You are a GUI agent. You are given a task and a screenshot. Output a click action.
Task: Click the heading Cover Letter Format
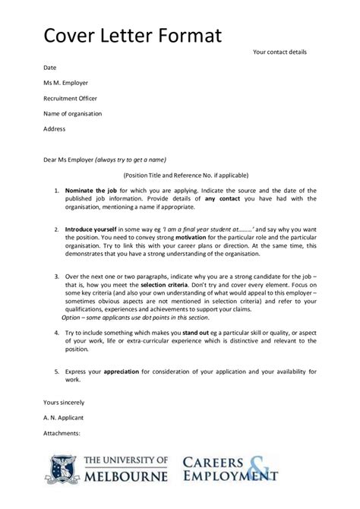pos(132,35)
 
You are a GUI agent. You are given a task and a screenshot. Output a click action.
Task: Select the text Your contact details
pos(279,52)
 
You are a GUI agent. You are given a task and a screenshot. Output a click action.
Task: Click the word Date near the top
pos(49,68)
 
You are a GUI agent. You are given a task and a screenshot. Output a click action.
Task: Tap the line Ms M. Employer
pos(66,83)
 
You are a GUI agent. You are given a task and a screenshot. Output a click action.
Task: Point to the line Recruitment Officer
pos(70,98)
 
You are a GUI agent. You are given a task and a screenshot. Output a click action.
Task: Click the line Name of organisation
pos(73,113)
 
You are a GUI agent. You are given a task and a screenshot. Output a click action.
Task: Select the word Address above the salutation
pos(55,128)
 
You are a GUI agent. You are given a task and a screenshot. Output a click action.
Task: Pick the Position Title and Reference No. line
pos(180,174)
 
